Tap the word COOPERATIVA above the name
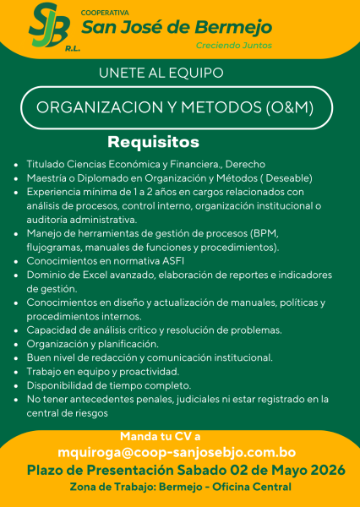[105, 14]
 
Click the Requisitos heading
[153, 141]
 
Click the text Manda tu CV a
[161, 436]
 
